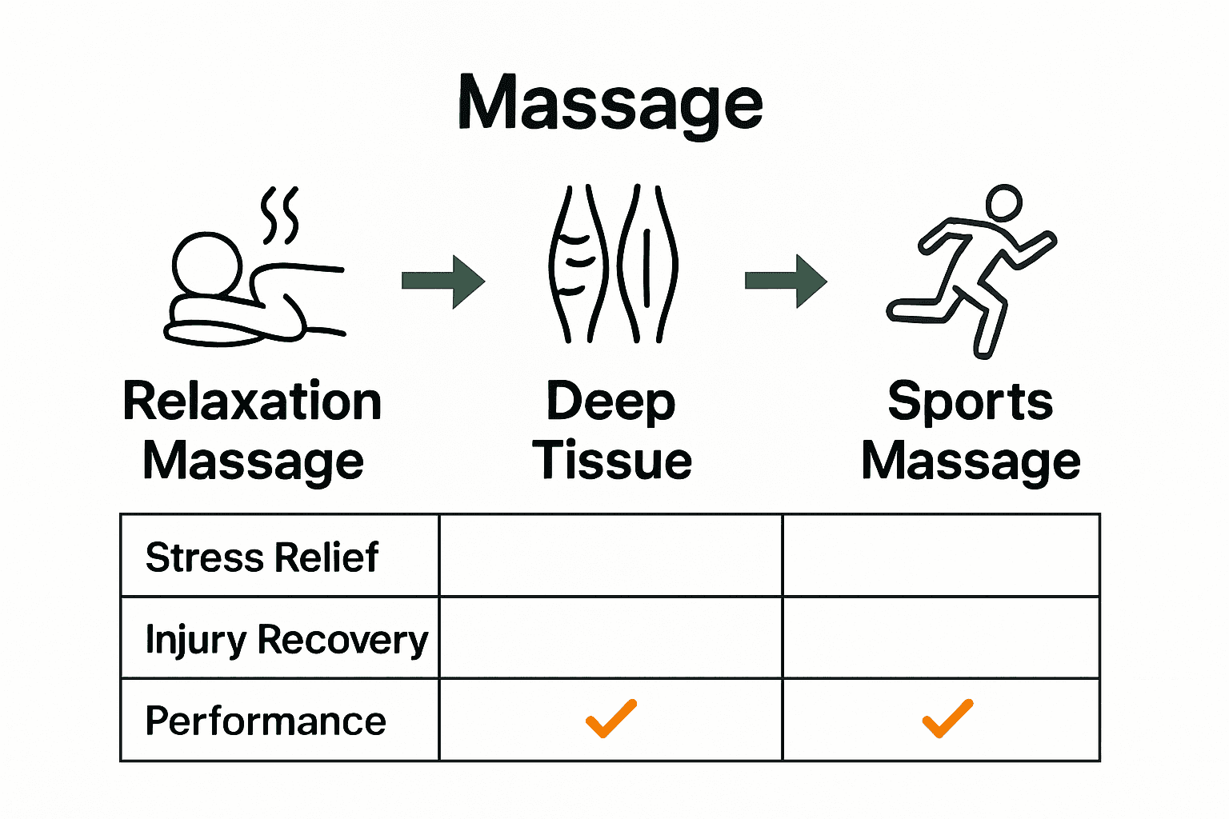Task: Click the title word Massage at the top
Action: [x=610, y=104]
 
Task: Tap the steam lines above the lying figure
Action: [x=280, y=214]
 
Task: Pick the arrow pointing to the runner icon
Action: [x=787, y=281]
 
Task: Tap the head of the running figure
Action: [x=1003, y=203]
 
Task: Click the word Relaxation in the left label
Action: [x=252, y=402]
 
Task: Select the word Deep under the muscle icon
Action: [x=611, y=402]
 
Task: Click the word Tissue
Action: [x=613, y=461]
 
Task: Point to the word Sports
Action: [x=971, y=402]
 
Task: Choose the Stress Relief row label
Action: [x=262, y=557]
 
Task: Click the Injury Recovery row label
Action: [x=286, y=640]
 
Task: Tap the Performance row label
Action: [x=266, y=721]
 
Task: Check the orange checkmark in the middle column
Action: [x=611, y=718]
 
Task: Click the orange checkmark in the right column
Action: [x=947, y=718]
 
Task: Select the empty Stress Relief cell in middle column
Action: [x=610, y=556]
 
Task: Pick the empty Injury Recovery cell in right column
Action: [x=941, y=637]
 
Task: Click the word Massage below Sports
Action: [x=971, y=462]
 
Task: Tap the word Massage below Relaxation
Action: [x=254, y=462]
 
